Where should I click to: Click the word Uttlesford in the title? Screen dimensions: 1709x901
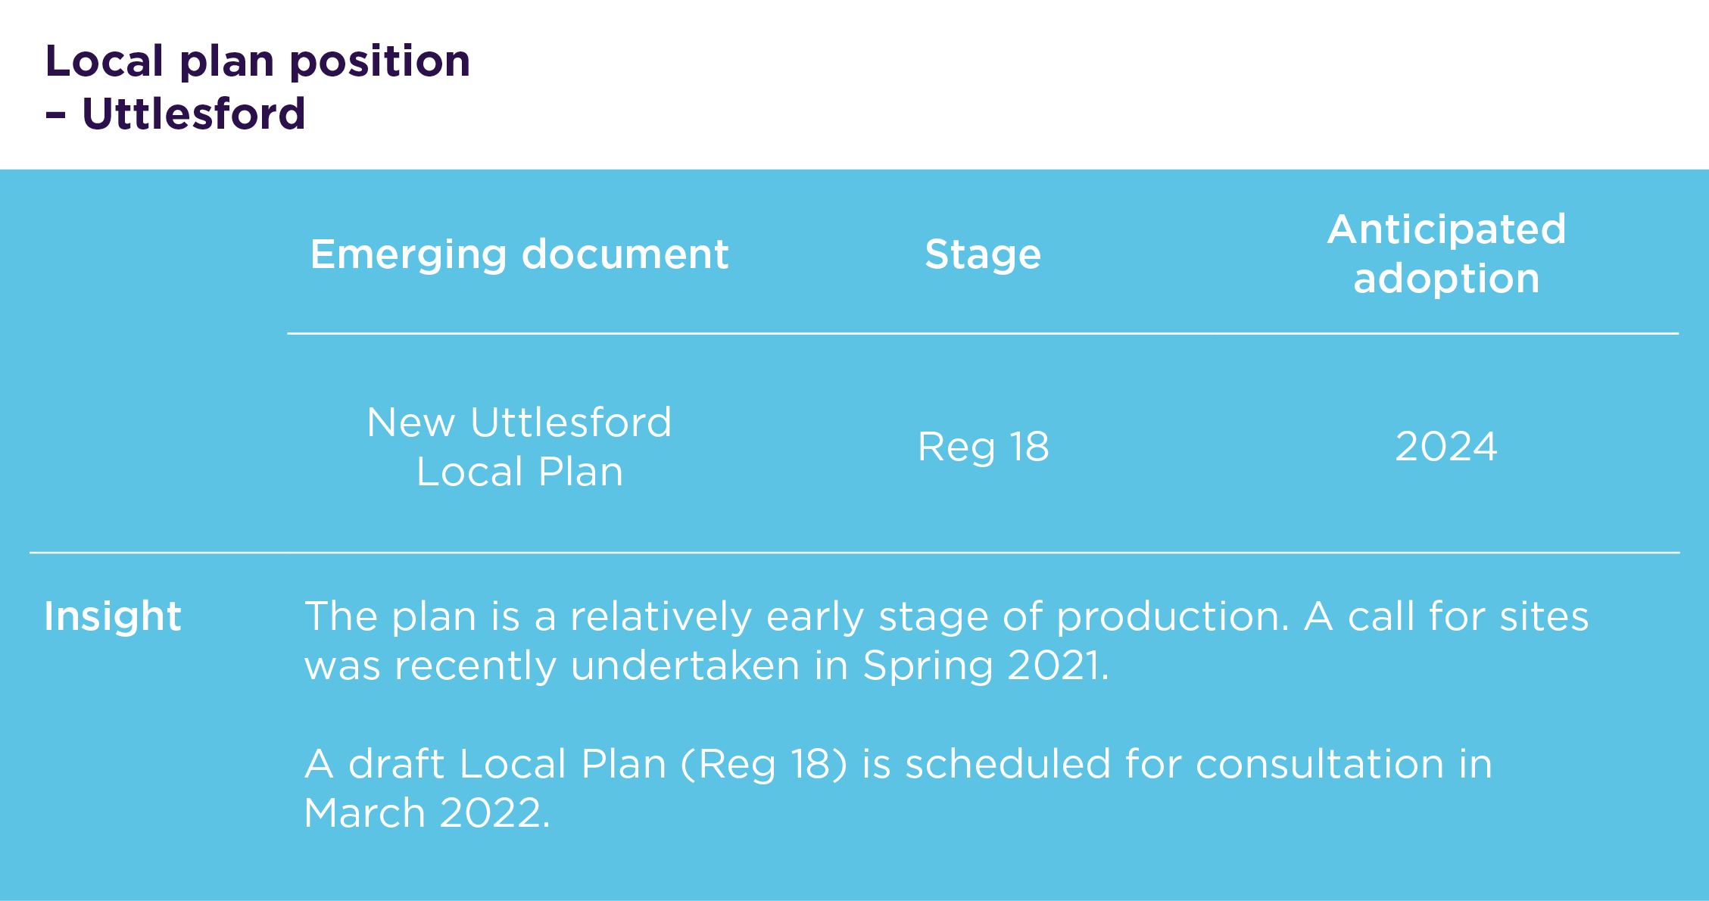click(194, 114)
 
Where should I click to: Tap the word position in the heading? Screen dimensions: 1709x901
click(380, 62)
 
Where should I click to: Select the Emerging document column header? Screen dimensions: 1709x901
click(519, 255)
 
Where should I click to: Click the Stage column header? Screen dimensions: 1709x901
click(983, 255)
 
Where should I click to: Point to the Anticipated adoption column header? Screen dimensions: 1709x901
click(1447, 254)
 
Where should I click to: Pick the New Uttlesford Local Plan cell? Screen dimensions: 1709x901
click(519, 447)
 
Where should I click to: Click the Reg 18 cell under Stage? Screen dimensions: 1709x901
click(983, 447)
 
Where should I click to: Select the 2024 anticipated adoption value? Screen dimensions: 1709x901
click(1446, 447)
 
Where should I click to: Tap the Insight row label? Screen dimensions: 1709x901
click(113, 617)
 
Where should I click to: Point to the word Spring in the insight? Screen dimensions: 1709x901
click(928, 667)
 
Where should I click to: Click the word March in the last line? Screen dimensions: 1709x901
click(364, 813)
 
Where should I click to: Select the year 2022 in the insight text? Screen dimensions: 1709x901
click(490, 813)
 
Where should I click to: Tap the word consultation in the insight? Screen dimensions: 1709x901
click(1320, 763)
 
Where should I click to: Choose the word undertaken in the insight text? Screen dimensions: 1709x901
click(685, 666)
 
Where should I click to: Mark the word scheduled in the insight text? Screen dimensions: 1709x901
click(1008, 763)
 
